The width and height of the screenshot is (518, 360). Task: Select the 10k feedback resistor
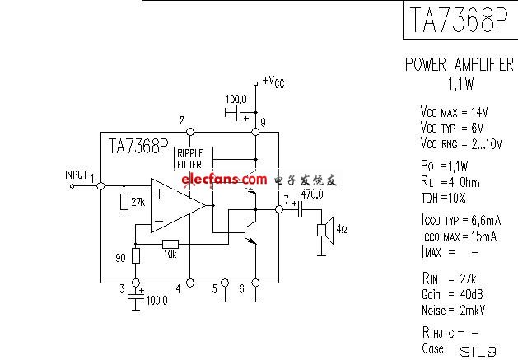(170, 243)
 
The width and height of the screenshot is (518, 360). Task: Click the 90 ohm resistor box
(137, 255)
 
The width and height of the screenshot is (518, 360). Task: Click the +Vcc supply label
(273, 82)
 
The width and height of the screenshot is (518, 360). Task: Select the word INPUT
(76, 175)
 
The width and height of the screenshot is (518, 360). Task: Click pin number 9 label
(263, 124)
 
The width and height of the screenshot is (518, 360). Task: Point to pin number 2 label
(181, 121)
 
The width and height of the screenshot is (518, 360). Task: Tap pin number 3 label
(122, 288)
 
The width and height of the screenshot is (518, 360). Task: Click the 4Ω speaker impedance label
(341, 228)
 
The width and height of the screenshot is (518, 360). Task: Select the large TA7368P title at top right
(455, 20)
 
